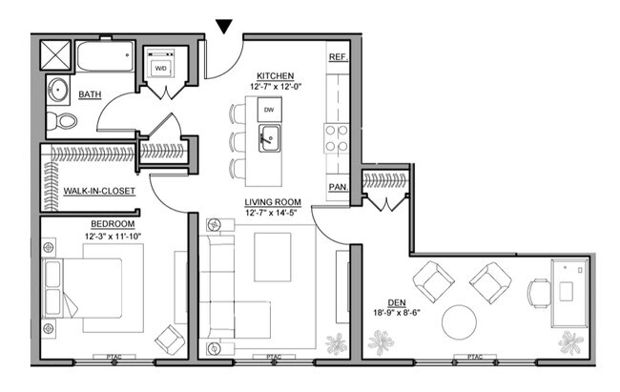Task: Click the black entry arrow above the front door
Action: tap(223, 26)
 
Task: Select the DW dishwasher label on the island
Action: tap(269, 111)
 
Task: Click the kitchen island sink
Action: tap(269, 138)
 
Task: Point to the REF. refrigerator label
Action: tap(337, 57)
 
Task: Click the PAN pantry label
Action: tap(337, 186)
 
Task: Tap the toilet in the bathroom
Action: tap(63, 121)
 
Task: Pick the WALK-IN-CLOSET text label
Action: tap(99, 191)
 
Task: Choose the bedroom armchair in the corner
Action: tap(171, 339)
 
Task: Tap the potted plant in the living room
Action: tap(337, 340)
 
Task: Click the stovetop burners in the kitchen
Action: tap(337, 138)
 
